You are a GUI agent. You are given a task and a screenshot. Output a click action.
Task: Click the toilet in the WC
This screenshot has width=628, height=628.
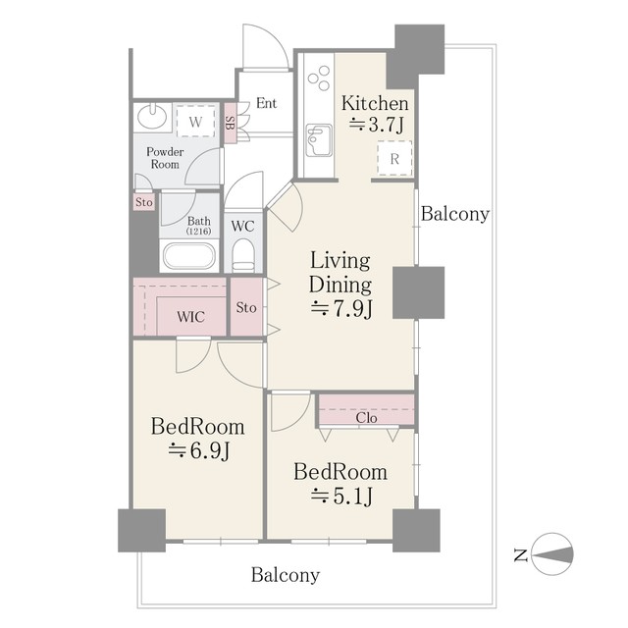pos(243,255)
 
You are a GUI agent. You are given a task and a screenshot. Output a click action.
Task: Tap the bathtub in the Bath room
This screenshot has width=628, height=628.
pos(189,256)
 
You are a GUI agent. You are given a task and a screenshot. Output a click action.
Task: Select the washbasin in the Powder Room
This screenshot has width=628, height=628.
pos(152,116)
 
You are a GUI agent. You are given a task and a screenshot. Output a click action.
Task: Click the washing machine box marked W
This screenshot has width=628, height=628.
pos(195,122)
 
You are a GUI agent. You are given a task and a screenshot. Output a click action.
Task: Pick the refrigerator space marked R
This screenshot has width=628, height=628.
pos(394,159)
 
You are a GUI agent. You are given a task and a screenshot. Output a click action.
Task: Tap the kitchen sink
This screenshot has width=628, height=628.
pos(319,140)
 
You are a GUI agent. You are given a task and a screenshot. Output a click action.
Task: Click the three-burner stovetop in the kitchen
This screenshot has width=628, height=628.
pos(319,78)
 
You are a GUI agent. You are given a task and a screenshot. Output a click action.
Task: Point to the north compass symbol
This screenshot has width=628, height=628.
pos(551,554)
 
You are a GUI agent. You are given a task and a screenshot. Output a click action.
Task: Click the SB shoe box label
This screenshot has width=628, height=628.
pos(230,123)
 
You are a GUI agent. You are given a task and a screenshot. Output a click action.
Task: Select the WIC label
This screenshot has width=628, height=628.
pos(191,317)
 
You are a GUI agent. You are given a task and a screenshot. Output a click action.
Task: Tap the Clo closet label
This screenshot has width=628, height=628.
pos(366,418)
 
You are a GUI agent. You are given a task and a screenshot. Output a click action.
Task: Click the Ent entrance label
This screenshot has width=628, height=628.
pos(266,103)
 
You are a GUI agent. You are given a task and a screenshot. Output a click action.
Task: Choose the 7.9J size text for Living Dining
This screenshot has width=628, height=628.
pos(341,309)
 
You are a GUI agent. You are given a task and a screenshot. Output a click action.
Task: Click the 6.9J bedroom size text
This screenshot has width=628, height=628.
pos(198,451)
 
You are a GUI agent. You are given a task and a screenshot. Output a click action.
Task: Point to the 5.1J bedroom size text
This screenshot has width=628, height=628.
pos(341,497)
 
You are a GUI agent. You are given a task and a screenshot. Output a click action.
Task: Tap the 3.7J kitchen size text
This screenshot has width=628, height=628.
pos(376,125)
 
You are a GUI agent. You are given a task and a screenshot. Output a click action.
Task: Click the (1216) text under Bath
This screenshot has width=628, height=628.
pos(198,232)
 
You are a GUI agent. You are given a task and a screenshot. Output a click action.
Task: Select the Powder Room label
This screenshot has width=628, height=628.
pos(165,158)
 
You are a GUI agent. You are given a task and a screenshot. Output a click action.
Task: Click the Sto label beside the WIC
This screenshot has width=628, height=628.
pos(246,307)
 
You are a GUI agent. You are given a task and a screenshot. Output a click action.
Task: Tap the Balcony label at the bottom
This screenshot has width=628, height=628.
pos(286,575)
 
